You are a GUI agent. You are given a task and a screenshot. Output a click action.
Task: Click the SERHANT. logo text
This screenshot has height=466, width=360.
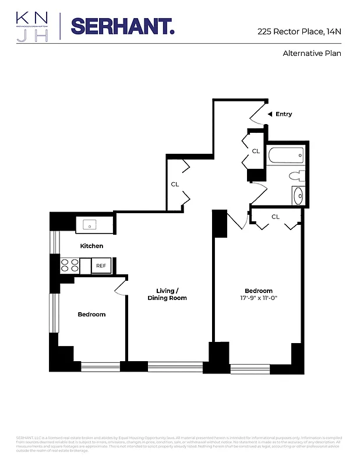pos(122,26)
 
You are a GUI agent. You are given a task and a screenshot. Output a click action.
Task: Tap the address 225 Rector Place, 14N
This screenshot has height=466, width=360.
pos(299,32)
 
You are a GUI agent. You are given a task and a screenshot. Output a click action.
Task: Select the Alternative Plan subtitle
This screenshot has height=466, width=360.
pos(312,54)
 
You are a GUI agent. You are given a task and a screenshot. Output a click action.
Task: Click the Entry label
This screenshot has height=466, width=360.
pos(284,114)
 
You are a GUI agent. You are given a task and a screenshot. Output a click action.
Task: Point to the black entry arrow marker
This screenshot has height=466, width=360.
pos(269,114)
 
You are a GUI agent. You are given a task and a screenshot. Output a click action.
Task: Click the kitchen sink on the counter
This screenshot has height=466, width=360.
pos(90,225)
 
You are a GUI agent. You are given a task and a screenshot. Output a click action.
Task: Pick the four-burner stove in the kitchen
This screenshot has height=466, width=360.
pos(70,266)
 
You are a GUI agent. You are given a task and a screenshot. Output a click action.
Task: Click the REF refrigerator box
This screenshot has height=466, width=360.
pos(101,266)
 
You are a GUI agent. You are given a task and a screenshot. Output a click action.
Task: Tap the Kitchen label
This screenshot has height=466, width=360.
pos(91,246)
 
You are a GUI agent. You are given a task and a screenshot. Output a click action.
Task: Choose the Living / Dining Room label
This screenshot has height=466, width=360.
pos(171,294)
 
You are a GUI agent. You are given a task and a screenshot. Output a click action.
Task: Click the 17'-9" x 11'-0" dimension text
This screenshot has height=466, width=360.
pos(258,299)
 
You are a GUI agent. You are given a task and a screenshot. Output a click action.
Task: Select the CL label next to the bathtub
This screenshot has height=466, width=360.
pos(255,151)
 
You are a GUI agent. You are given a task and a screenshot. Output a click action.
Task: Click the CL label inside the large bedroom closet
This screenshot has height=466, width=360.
pos(276,217)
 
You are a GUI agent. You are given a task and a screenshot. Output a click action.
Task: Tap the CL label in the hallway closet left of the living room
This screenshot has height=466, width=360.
pos(175,184)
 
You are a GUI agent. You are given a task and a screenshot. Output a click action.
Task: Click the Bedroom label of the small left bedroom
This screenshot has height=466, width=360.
pos(91,315)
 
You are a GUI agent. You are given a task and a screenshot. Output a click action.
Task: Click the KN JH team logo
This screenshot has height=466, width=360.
pos(33,26)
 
